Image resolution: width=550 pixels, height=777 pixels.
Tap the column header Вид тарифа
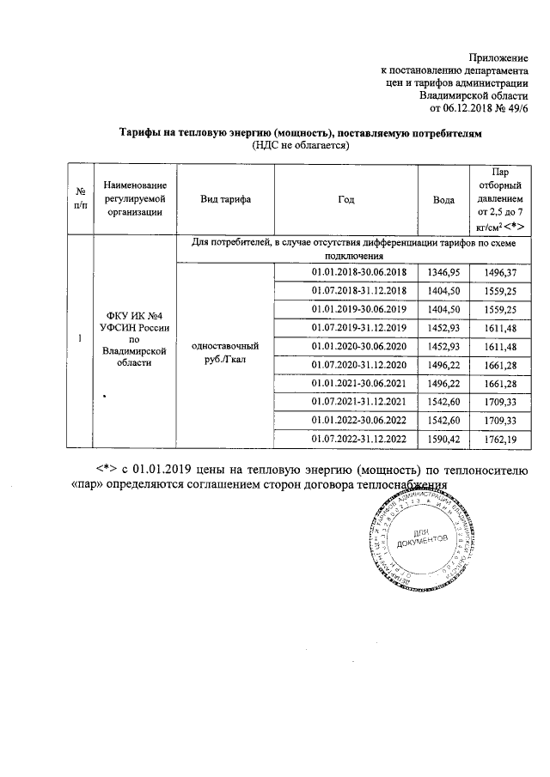225,198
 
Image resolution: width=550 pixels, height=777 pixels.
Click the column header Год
346,198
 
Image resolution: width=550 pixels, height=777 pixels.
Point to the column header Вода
443,198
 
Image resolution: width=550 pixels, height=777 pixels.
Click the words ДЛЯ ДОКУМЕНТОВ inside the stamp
421,540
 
